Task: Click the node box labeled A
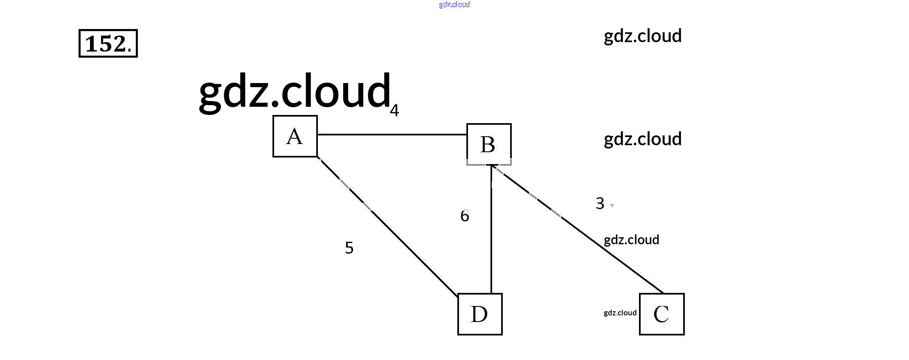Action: coord(295,136)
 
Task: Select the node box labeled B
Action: coord(489,144)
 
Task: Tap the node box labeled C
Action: coord(661,314)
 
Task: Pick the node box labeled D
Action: coord(480,314)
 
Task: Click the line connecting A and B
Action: coord(392,134)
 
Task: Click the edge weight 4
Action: coord(394,110)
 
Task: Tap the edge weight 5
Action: coord(349,248)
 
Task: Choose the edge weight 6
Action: coord(464,216)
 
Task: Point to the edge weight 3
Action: coord(600,203)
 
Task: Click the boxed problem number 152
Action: coord(108,43)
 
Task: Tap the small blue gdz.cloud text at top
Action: coord(454,4)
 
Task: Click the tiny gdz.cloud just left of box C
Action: coord(620,313)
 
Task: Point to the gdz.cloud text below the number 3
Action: coord(631,240)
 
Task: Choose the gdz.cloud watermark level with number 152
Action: coord(642,36)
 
